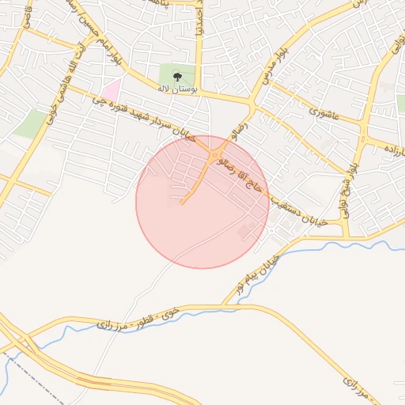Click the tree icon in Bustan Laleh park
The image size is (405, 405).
[176, 77]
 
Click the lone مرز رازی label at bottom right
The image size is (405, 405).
[355, 387]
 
